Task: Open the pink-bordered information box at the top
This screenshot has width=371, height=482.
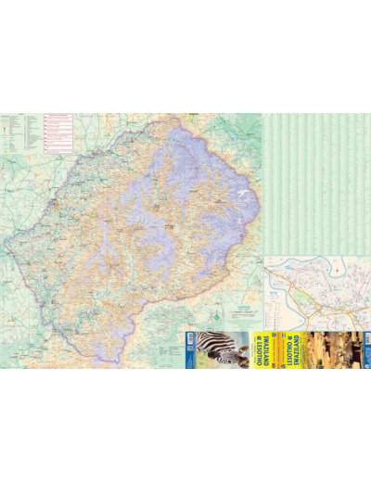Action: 58,133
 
